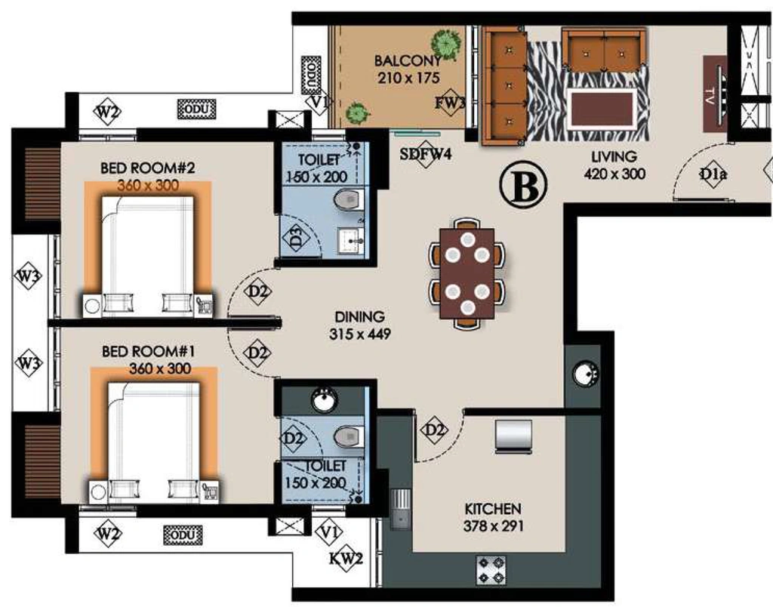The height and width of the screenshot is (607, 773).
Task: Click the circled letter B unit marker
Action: [x=524, y=186]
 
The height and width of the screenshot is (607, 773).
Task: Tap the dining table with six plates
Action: [x=467, y=273]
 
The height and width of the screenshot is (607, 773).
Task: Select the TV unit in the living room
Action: [x=715, y=94]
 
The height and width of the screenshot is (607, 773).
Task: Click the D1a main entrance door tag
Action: [x=713, y=174]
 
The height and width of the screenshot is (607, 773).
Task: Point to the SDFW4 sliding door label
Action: [x=426, y=154]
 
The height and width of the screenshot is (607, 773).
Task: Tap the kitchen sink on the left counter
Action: [x=401, y=509]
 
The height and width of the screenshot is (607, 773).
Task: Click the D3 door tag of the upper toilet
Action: [x=296, y=237]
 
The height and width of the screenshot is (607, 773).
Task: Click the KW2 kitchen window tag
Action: [x=346, y=559]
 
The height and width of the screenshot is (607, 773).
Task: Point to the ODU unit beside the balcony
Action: [x=311, y=75]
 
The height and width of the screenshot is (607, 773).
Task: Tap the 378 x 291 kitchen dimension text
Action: [x=493, y=526]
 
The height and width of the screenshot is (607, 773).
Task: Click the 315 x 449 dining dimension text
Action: [x=360, y=334]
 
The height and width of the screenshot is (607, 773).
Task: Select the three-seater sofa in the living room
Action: [x=504, y=86]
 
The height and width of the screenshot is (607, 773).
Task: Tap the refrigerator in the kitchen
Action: [x=513, y=436]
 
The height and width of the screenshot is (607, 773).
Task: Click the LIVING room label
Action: [x=614, y=156]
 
